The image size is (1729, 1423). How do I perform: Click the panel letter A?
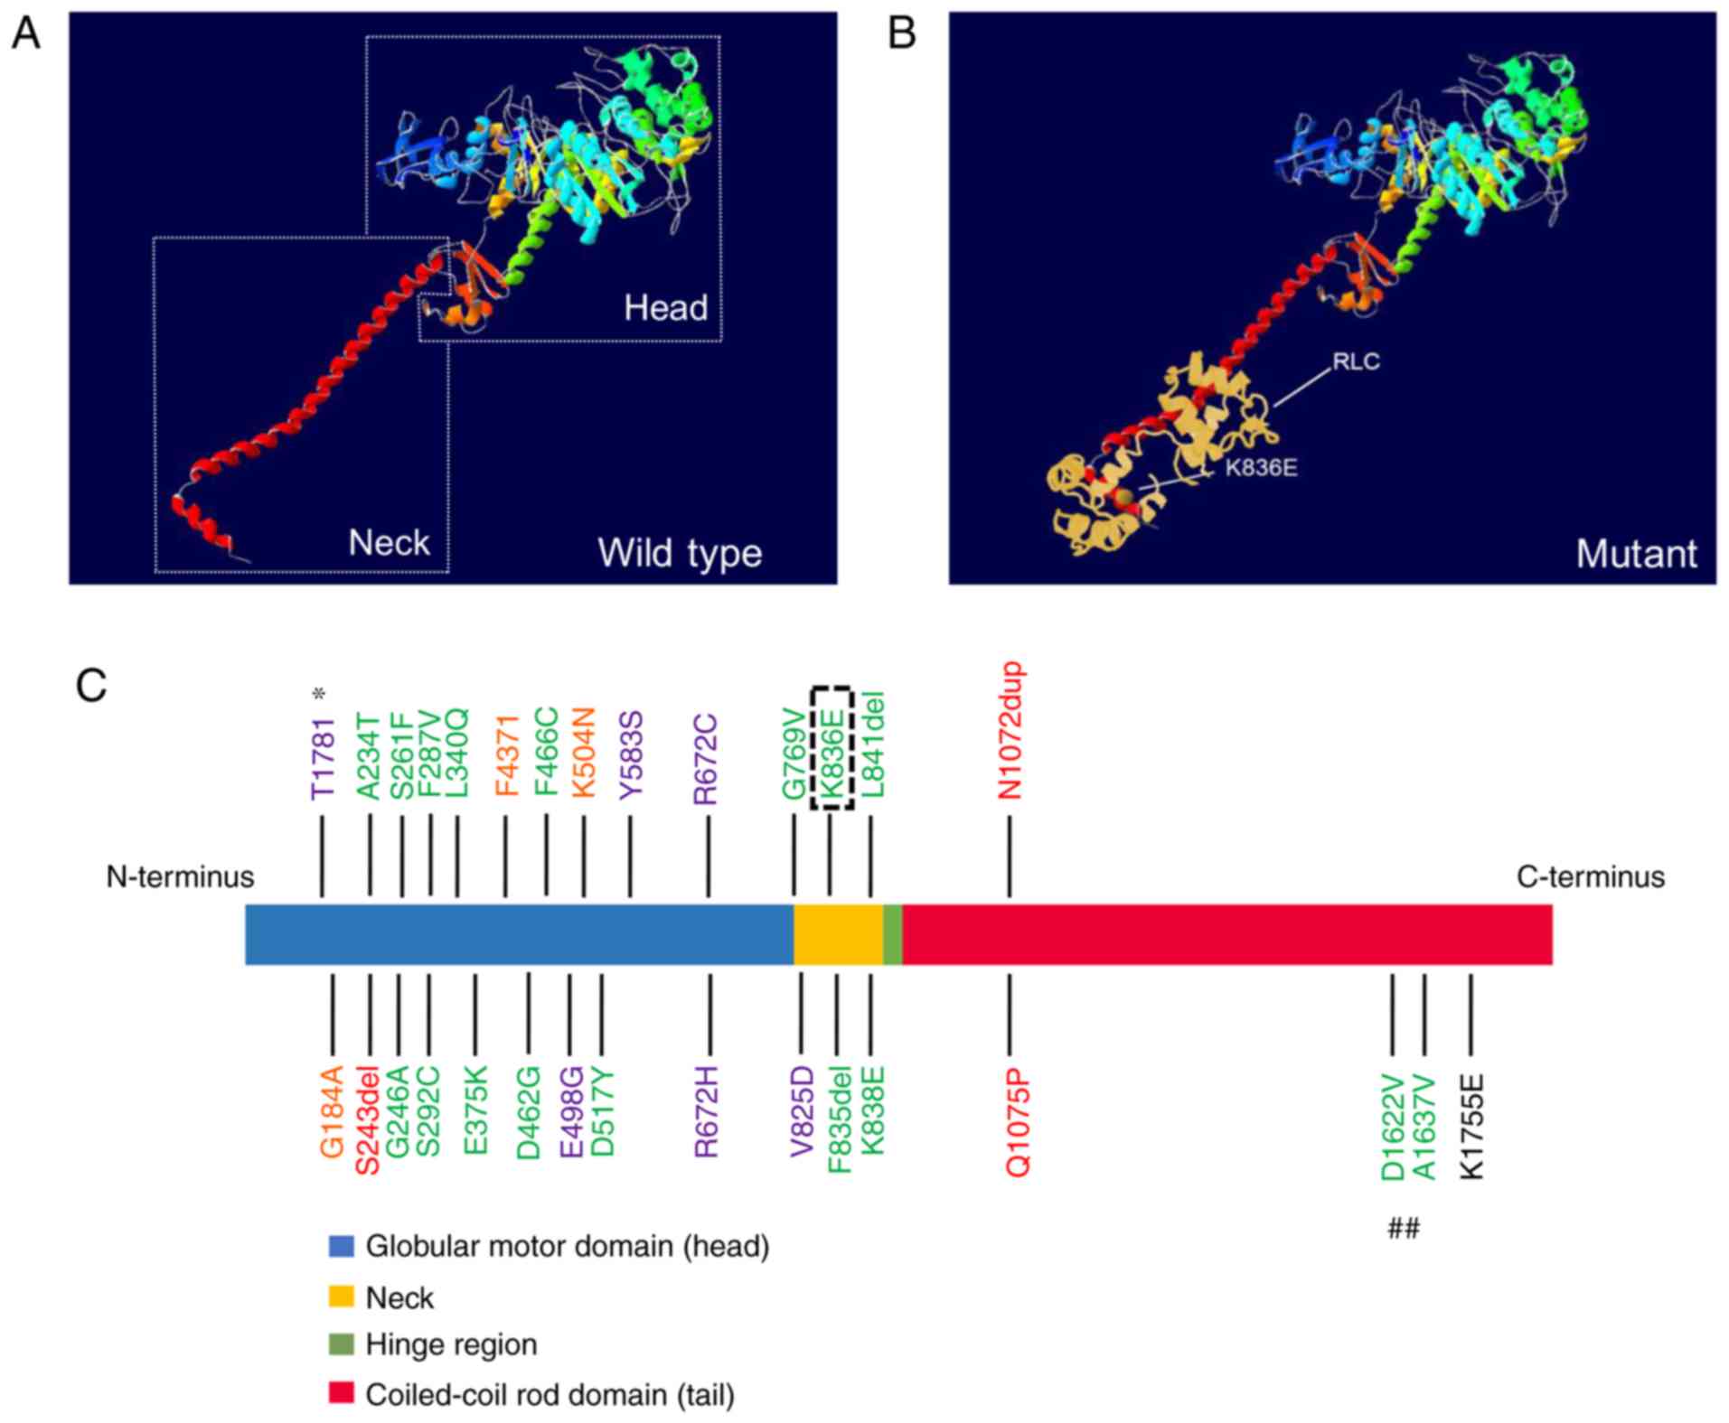coord(25,33)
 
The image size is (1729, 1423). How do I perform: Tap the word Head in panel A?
coord(665,308)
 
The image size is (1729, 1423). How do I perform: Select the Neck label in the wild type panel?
coord(389,542)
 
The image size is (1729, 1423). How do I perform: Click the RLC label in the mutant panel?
coord(1356,361)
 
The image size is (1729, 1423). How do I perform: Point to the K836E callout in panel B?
coord(1261,468)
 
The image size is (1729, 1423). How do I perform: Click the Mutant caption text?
coord(1636,553)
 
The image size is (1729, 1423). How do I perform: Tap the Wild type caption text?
coord(680,553)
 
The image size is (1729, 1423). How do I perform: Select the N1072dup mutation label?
coord(1010,731)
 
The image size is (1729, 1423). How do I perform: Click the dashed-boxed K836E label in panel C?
coord(832,749)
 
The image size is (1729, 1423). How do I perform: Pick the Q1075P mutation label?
coord(1019,1123)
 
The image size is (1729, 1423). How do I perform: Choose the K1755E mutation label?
coord(1472,1126)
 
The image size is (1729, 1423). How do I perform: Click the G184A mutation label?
coord(333,1111)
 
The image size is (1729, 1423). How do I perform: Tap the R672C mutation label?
coord(705,759)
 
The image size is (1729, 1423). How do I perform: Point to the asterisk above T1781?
coord(318,694)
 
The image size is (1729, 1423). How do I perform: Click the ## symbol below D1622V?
coord(1404,1228)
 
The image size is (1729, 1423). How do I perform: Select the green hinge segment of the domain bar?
coord(892,934)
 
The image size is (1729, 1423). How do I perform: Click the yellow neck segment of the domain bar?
coord(838,934)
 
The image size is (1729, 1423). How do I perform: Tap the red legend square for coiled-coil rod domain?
coord(341,1392)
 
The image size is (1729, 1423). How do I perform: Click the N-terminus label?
coord(180,876)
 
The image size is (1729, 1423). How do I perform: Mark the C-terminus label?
coord(1590,876)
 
